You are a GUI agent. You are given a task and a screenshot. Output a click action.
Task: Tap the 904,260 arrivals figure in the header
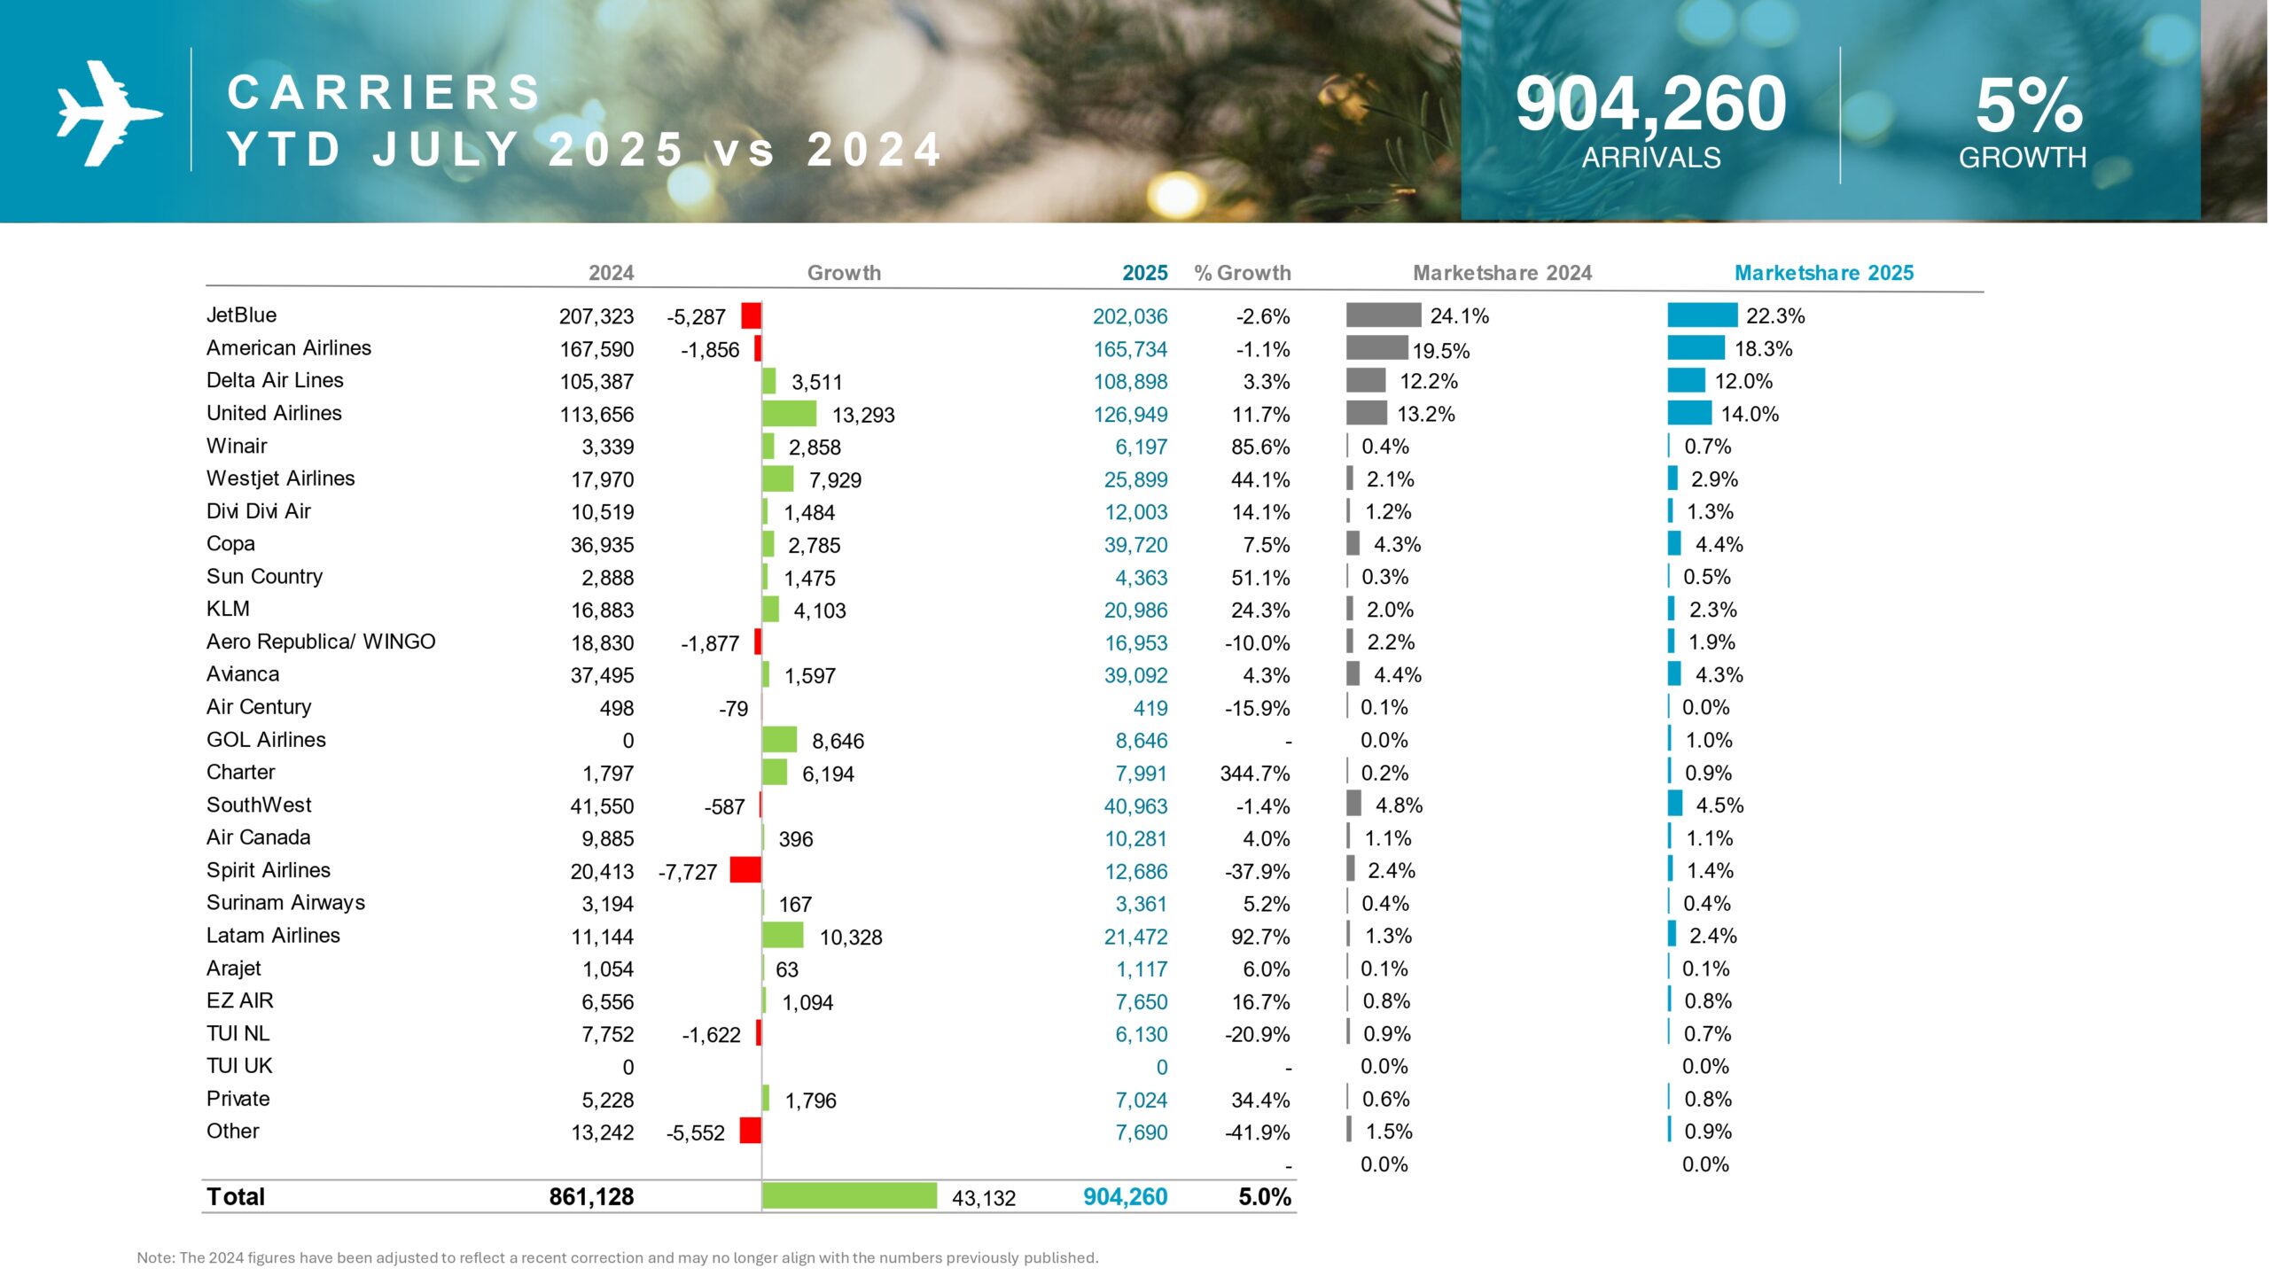click(1650, 105)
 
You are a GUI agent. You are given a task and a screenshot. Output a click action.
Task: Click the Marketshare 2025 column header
click(1823, 273)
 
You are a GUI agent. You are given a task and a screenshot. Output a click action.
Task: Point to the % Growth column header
click(1242, 273)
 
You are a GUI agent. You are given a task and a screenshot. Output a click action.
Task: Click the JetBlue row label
click(241, 315)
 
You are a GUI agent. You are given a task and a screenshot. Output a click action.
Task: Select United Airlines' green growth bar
click(789, 414)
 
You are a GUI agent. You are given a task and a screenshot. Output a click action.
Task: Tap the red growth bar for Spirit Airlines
click(745, 870)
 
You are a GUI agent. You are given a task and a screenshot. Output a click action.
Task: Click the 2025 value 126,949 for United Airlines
click(1130, 415)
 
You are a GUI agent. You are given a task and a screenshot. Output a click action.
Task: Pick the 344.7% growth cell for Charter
click(1254, 774)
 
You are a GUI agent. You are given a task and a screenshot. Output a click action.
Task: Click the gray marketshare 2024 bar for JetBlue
click(1383, 315)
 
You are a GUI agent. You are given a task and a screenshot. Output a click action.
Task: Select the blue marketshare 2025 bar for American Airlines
click(1696, 348)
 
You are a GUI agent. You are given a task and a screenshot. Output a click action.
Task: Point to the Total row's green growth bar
click(849, 1196)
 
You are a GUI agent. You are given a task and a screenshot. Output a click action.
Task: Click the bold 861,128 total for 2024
click(591, 1197)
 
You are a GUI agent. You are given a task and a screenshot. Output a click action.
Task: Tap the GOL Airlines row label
click(266, 740)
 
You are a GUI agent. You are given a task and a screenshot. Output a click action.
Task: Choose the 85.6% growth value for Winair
click(1259, 447)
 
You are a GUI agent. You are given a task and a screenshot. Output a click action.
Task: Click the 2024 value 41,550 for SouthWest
click(602, 806)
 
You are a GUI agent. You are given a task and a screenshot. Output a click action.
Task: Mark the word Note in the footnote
click(155, 1257)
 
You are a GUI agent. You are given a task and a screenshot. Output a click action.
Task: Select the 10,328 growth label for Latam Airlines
click(850, 938)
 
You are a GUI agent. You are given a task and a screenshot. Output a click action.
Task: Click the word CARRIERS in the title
click(384, 92)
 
